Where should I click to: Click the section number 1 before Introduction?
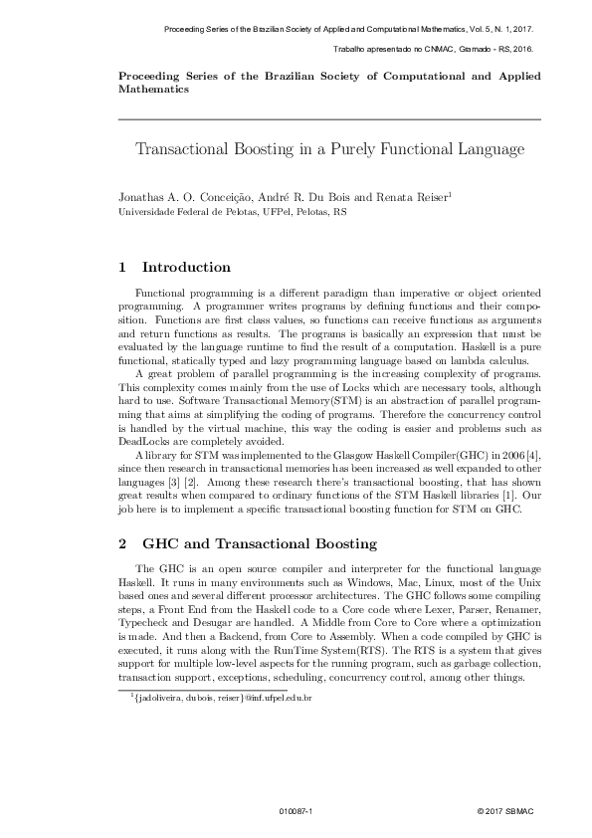point(122,268)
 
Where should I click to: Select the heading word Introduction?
point(187,268)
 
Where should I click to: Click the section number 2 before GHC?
point(122,543)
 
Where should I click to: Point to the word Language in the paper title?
point(488,150)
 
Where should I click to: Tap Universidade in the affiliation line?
point(147,212)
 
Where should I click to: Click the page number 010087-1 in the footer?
point(296,812)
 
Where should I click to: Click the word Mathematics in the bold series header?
point(153,89)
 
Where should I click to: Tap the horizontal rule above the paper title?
point(329,119)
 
